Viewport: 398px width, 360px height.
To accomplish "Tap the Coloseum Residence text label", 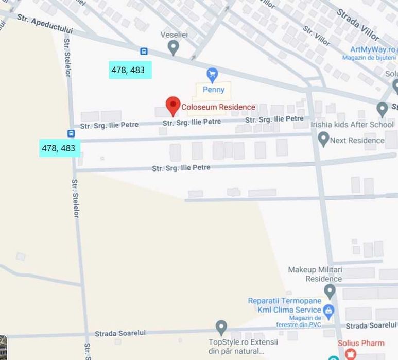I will [x=218, y=107].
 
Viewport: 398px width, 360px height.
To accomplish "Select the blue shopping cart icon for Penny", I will [x=212, y=75].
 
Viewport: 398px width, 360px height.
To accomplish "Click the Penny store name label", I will [x=213, y=90].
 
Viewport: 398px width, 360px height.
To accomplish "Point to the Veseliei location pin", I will [x=174, y=47].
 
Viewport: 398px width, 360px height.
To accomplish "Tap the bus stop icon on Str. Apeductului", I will [x=144, y=51].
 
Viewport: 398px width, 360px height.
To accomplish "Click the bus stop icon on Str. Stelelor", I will [x=71, y=133].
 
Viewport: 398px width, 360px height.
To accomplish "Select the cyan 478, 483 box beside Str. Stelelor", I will [x=59, y=148].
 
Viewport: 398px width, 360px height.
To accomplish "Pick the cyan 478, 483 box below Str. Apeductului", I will [x=130, y=70].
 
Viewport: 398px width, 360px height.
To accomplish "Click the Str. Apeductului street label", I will [x=45, y=24].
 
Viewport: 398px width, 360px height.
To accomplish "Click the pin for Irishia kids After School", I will [x=382, y=109].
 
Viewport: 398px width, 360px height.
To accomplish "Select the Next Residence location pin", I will [x=323, y=139].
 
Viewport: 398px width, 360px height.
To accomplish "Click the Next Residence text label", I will [x=357, y=140].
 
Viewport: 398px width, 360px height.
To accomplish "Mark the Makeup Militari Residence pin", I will [x=330, y=290].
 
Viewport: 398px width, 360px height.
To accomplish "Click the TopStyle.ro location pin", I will [x=221, y=327].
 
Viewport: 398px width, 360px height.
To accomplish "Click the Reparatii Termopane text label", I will [x=284, y=301].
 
